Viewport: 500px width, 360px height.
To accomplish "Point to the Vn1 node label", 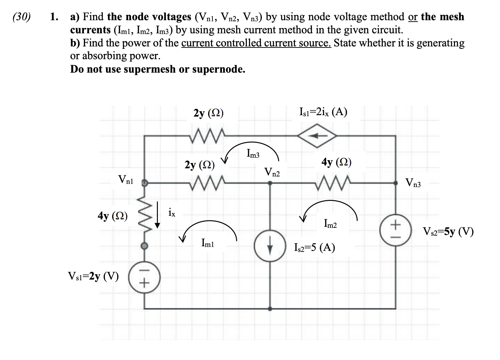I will [126, 180].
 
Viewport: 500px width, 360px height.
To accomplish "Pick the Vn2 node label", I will [272, 173].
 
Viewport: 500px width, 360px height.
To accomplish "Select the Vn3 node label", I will [413, 183].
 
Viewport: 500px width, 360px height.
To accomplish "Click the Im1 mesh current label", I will [208, 243].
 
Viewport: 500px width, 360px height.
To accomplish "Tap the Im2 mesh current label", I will [330, 223].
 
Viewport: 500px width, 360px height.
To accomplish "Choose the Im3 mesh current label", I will [253, 154].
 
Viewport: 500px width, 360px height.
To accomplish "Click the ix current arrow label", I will [171, 213].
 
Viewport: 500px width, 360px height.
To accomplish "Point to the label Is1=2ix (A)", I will [323, 112].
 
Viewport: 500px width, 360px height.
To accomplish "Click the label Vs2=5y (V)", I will [448, 232].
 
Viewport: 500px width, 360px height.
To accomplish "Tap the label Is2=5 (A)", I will [314, 247].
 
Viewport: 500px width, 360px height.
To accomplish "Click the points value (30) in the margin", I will [22, 17].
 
